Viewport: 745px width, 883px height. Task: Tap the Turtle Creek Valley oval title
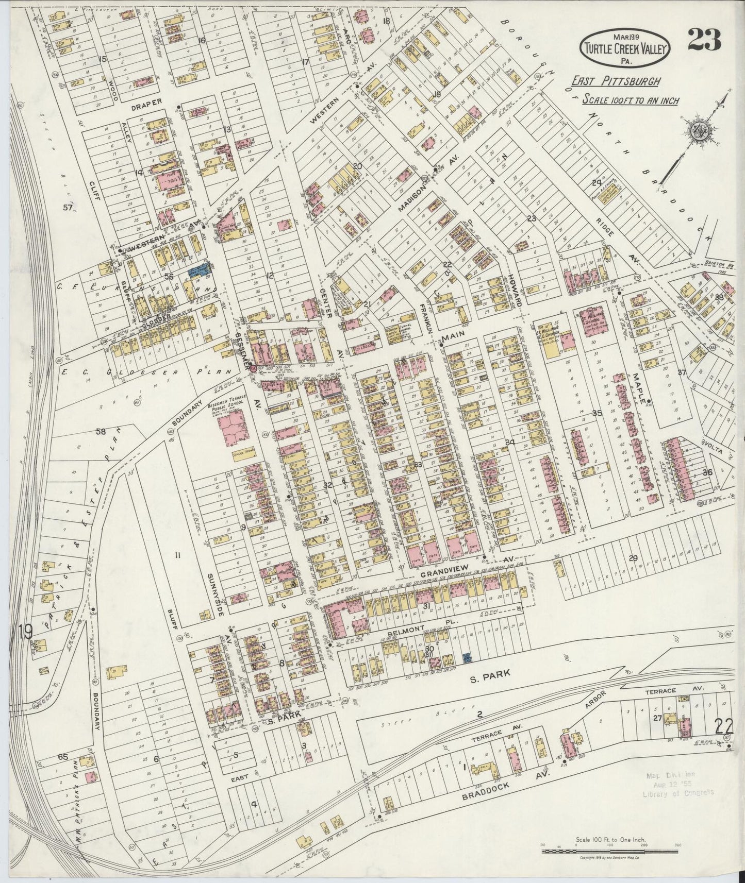click(625, 47)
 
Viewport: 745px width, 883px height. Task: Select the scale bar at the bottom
click(610, 851)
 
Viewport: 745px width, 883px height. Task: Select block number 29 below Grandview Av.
click(633, 558)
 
